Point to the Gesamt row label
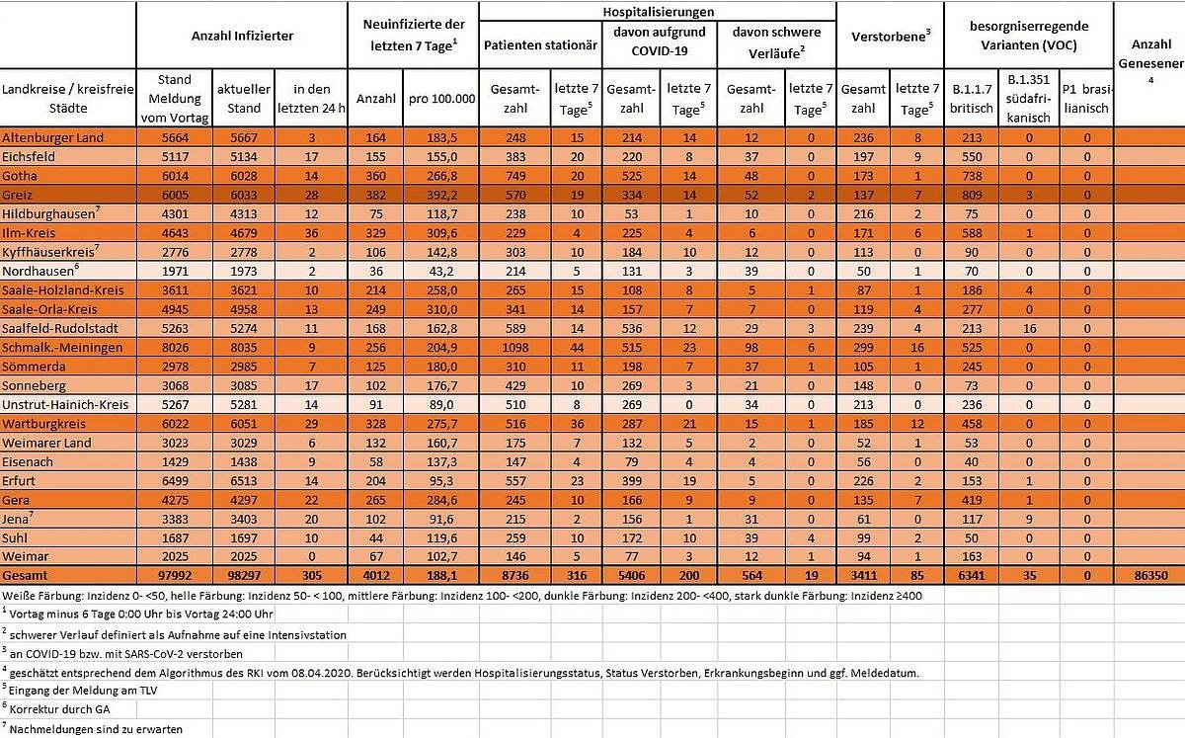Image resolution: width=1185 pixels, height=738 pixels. (26, 576)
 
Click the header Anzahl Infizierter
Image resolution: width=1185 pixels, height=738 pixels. (242, 36)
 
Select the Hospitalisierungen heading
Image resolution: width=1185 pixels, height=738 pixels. (658, 11)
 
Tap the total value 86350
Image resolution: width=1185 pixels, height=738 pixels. (1150, 576)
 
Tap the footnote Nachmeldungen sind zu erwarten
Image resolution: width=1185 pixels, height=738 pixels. (95, 729)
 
